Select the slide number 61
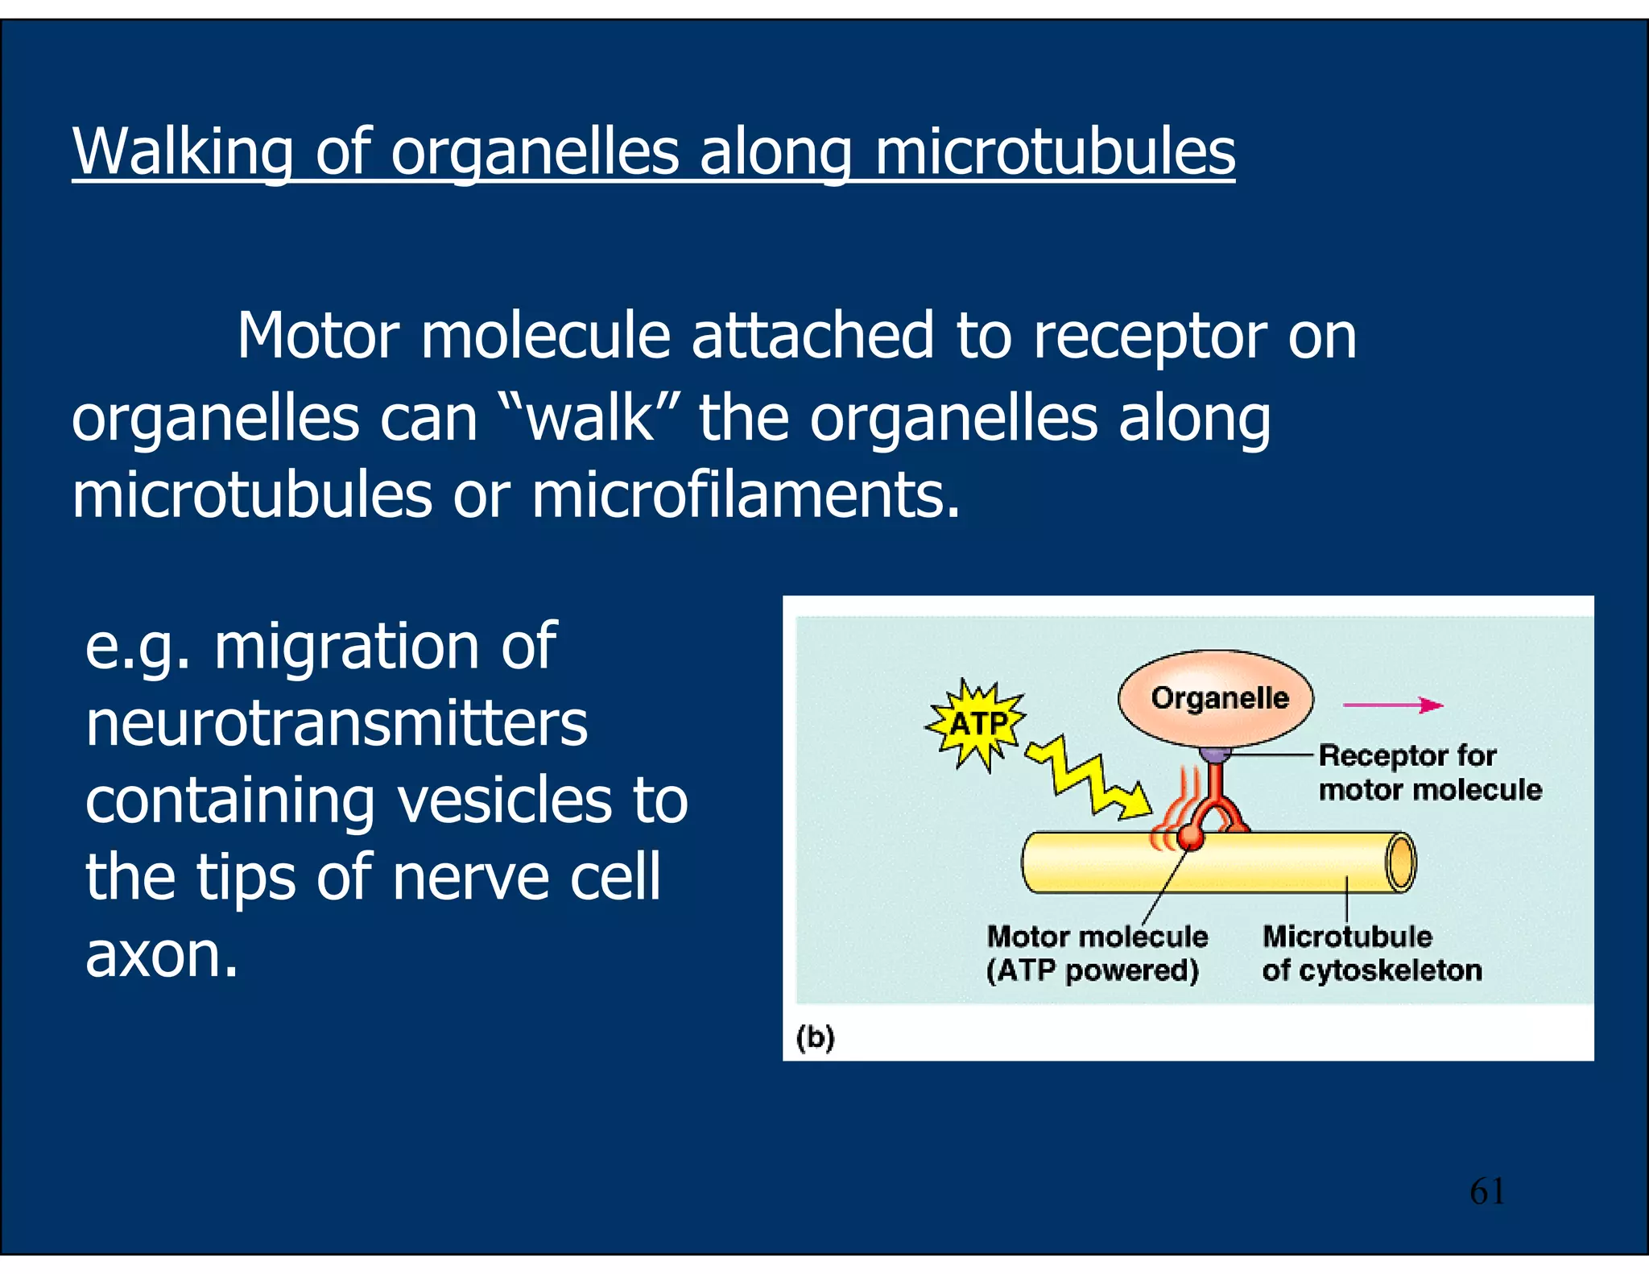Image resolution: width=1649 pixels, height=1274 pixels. (1486, 1191)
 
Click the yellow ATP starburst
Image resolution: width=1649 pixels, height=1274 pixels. (976, 724)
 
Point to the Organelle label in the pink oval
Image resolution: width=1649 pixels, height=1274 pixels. (1219, 697)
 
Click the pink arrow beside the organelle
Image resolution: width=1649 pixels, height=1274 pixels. (1392, 705)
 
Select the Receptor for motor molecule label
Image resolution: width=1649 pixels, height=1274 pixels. (1429, 772)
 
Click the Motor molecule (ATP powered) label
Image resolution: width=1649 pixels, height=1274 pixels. (1096, 953)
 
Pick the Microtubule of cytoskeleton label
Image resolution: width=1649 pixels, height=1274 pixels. (1370, 953)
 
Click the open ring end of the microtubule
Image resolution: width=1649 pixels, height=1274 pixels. (1401, 862)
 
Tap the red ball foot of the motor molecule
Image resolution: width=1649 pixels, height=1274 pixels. (1189, 838)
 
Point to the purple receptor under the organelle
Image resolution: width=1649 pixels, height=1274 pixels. (1215, 755)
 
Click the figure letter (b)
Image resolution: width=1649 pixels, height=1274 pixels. (815, 1036)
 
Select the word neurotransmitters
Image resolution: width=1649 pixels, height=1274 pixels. (337, 723)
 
